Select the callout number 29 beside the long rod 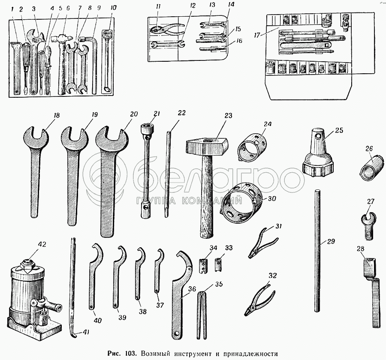point(331,241)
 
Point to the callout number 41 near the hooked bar point(85,332)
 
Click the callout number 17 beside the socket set point(257,35)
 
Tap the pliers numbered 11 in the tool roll point(167,29)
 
